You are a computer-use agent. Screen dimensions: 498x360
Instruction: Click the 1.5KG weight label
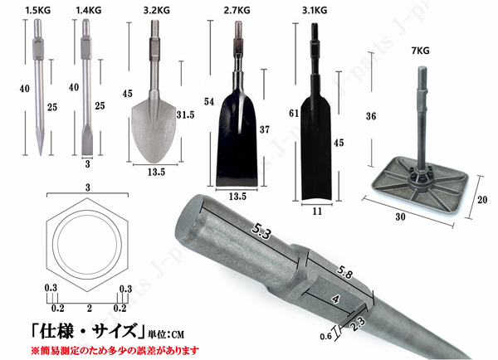click(x=38, y=11)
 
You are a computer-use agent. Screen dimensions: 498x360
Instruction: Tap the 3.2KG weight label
click(x=156, y=11)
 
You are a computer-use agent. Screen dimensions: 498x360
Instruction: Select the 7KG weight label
click(x=421, y=51)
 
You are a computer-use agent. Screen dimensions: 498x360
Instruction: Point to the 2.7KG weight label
click(x=237, y=11)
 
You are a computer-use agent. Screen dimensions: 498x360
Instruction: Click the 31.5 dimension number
click(x=185, y=114)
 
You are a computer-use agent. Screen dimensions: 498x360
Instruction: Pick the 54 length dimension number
click(x=209, y=101)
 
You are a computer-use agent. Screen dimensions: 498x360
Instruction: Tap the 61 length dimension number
click(x=294, y=113)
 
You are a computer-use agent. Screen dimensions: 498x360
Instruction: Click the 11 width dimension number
click(x=317, y=212)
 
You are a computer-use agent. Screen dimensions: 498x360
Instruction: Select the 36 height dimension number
click(x=371, y=116)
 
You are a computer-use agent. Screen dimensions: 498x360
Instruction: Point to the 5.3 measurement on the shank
click(x=261, y=231)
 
